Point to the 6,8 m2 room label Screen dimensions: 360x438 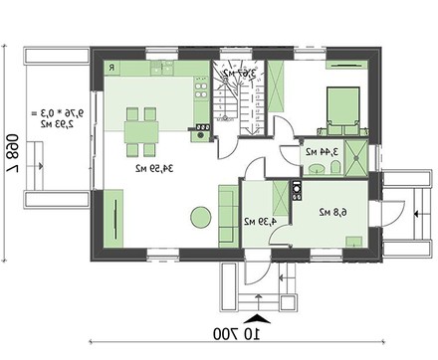330,212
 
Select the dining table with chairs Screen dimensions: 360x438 141,129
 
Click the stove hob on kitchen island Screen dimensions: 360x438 202,127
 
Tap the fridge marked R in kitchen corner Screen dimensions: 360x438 112,69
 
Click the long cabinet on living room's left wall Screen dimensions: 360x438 112,218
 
